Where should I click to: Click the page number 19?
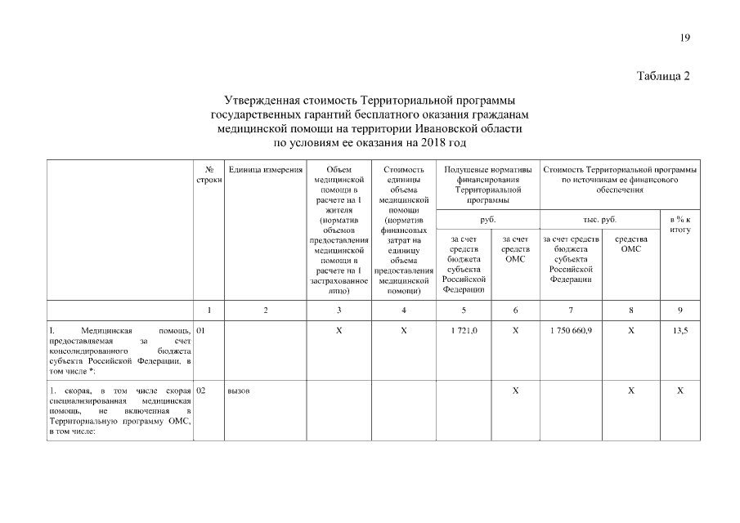[x=684, y=38]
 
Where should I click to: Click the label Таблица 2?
[x=663, y=77]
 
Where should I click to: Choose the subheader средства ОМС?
[x=630, y=244]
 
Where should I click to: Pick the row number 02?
[x=202, y=391]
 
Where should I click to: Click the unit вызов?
[x=239, y=391]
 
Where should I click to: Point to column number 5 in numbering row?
[x=464, y=310]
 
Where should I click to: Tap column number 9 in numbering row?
[x=679, y=310]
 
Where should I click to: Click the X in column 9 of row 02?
[x=679, y=391]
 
